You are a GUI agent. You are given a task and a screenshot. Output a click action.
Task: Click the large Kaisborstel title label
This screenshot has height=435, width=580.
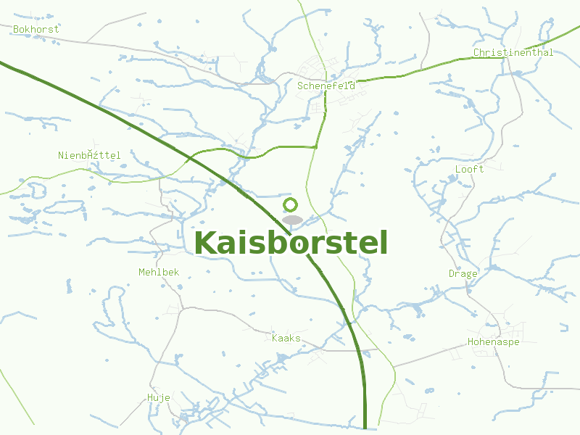click(291, 243)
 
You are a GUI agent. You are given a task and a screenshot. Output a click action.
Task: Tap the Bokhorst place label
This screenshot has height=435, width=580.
click(36, 29)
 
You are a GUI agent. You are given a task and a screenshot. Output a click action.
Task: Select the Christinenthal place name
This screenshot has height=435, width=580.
click(513, 52)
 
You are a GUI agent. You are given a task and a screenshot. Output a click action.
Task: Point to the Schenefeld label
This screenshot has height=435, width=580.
click(326, 86)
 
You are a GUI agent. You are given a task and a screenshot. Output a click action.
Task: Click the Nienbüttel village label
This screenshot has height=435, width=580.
click(89, 155)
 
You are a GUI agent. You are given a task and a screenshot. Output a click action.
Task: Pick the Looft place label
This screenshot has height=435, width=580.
click(469, 169)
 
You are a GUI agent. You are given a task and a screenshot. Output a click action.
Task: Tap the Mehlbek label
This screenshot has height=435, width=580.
click(158, 272)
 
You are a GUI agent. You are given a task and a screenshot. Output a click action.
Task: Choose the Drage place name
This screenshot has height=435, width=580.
click(463, 273)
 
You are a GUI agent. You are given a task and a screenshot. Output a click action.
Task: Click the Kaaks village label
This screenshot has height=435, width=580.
click(286, 338)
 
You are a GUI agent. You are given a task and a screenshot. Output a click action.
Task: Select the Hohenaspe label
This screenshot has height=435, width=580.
click(493, 341)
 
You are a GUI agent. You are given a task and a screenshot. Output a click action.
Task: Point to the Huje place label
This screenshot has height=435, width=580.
click(158, 397)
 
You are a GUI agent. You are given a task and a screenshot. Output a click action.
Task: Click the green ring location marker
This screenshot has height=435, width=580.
click(291, 205)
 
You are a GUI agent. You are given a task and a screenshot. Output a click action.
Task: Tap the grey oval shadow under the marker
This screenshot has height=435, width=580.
click(291, 220)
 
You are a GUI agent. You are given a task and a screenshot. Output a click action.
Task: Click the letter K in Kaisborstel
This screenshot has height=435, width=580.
click(207, 243)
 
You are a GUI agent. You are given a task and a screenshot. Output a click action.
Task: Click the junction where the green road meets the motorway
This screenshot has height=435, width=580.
click(190, 157)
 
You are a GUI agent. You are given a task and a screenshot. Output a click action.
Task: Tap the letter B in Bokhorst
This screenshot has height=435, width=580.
click(16, 29)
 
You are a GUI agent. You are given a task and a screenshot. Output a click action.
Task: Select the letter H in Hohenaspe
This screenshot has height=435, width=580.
click(471, 341)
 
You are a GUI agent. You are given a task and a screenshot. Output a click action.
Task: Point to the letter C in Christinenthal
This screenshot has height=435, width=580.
click(476, 52)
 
